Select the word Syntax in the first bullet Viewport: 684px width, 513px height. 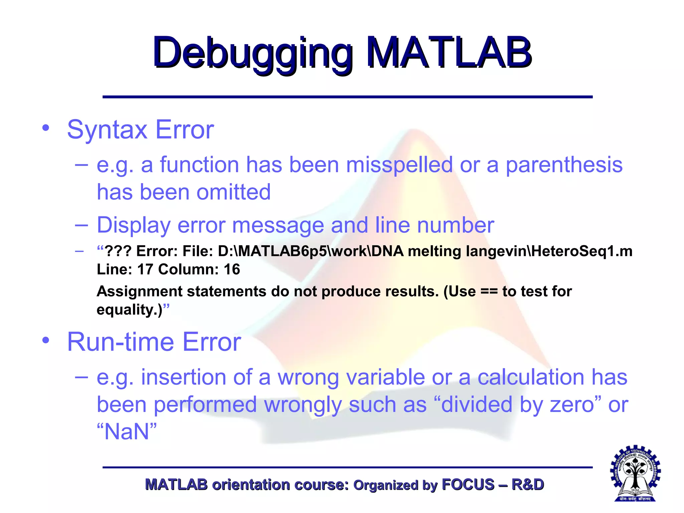(107, 130)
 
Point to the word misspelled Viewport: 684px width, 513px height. (399, 165)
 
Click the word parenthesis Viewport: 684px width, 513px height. (564, 165)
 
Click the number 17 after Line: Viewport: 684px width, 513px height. (145, 270)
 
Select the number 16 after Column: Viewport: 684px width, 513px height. (232, 270)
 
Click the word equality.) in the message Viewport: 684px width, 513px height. (129, 310)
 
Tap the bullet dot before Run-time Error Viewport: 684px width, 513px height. (46, 340)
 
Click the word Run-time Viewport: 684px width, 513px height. (121, 342)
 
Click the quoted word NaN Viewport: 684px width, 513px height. (127, 432)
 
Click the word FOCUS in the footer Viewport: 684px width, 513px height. (468, 485)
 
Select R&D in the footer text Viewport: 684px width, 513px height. (528, 485)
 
